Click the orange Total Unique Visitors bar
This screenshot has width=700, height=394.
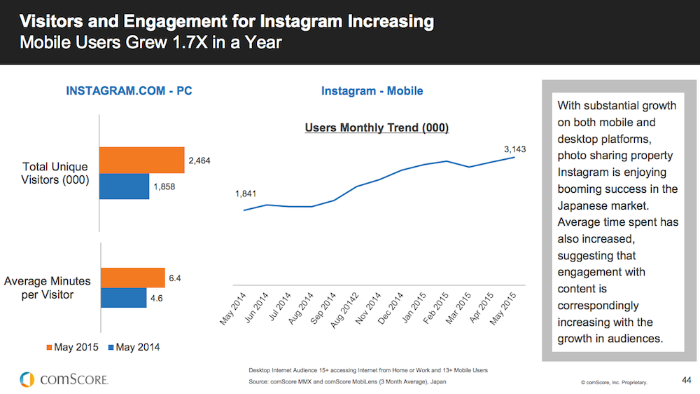(x=142, y=160)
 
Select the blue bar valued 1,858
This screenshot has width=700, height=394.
(x=124, y=186)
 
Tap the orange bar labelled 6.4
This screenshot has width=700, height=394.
(x=132, y=278)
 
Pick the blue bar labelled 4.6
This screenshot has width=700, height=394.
(x=124, y=297)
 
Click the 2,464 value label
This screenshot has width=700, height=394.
(x=199, y=161)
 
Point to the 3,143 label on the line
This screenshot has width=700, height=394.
(x=514, y=149)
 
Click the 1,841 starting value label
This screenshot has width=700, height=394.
(x=246, y=193)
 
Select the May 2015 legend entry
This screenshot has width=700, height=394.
(x=72, y=347)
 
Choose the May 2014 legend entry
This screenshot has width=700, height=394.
(x=134, y=347)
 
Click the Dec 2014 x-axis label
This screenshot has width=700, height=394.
(x=391, y=308)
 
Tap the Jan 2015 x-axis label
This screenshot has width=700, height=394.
(x=414, y=308)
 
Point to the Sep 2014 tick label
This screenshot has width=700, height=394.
(x=322, y=308)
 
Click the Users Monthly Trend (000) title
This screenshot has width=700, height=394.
(x=377, y=128)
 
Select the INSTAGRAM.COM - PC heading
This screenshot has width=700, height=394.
(x=129, y=90)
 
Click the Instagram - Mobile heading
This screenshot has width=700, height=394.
(x=372, y=90)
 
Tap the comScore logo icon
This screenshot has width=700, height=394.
(x=27, y=379)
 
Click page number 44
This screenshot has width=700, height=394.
(x=687, y=380)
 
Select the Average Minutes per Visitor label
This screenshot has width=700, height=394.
(x=48, y=287)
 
